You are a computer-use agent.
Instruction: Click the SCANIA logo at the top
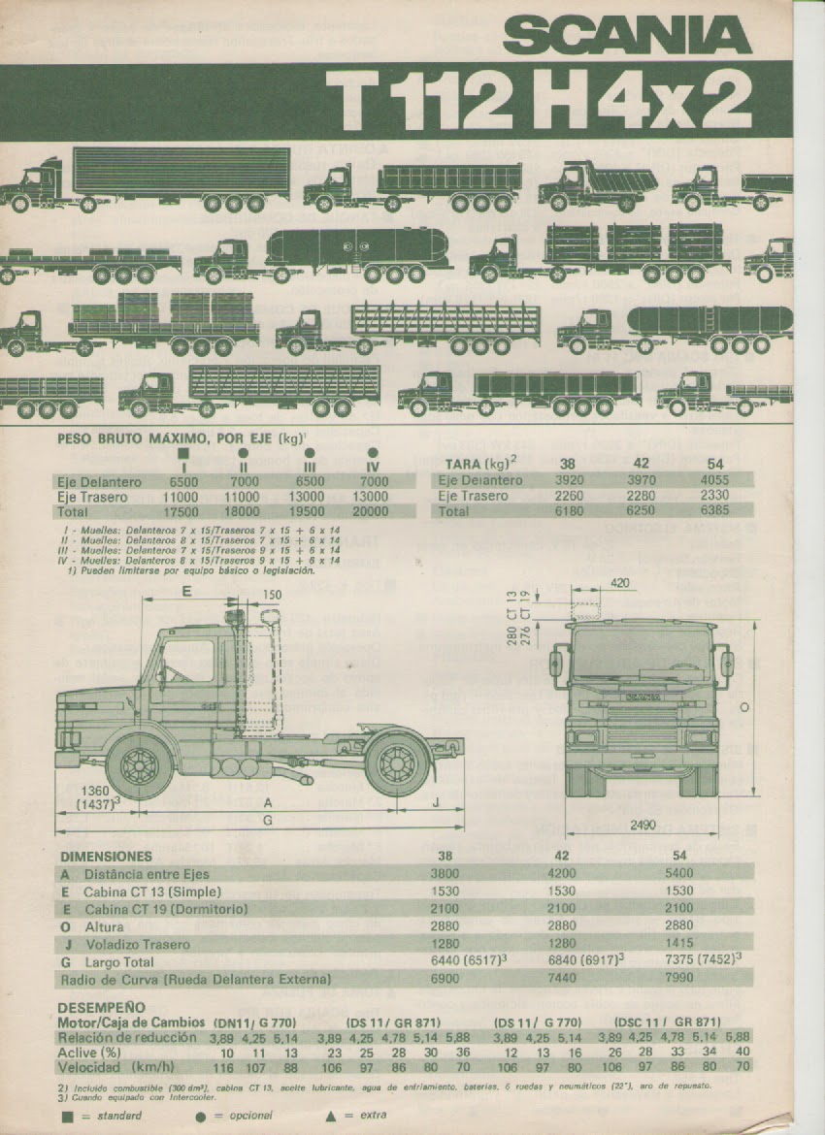[628, 38]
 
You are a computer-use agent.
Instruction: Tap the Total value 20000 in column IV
[374, 511]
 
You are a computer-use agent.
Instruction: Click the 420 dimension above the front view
[621, 583]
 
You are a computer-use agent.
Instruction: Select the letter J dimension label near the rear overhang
[435, 801]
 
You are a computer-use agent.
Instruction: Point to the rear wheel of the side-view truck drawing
[396, 762]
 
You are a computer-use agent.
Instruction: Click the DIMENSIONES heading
[106, 857]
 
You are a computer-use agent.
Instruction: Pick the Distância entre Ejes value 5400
[679, 873]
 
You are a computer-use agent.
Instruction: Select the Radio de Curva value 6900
[445, 979]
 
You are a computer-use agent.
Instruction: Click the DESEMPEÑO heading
[101, 1007]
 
